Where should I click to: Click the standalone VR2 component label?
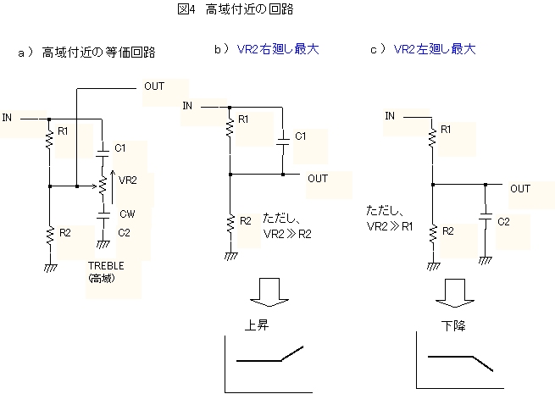[x=128, y=180]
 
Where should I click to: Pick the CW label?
[x=127, y=214]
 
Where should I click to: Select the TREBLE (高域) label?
[x=106, y=271]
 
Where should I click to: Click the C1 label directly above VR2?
[x=120, y=148]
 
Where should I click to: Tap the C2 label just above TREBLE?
[x=124, y=232]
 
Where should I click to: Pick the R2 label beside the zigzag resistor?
[x=449, y=230]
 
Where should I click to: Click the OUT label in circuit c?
[x=520, y=189]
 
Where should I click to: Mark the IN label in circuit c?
[x=390, y=116]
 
